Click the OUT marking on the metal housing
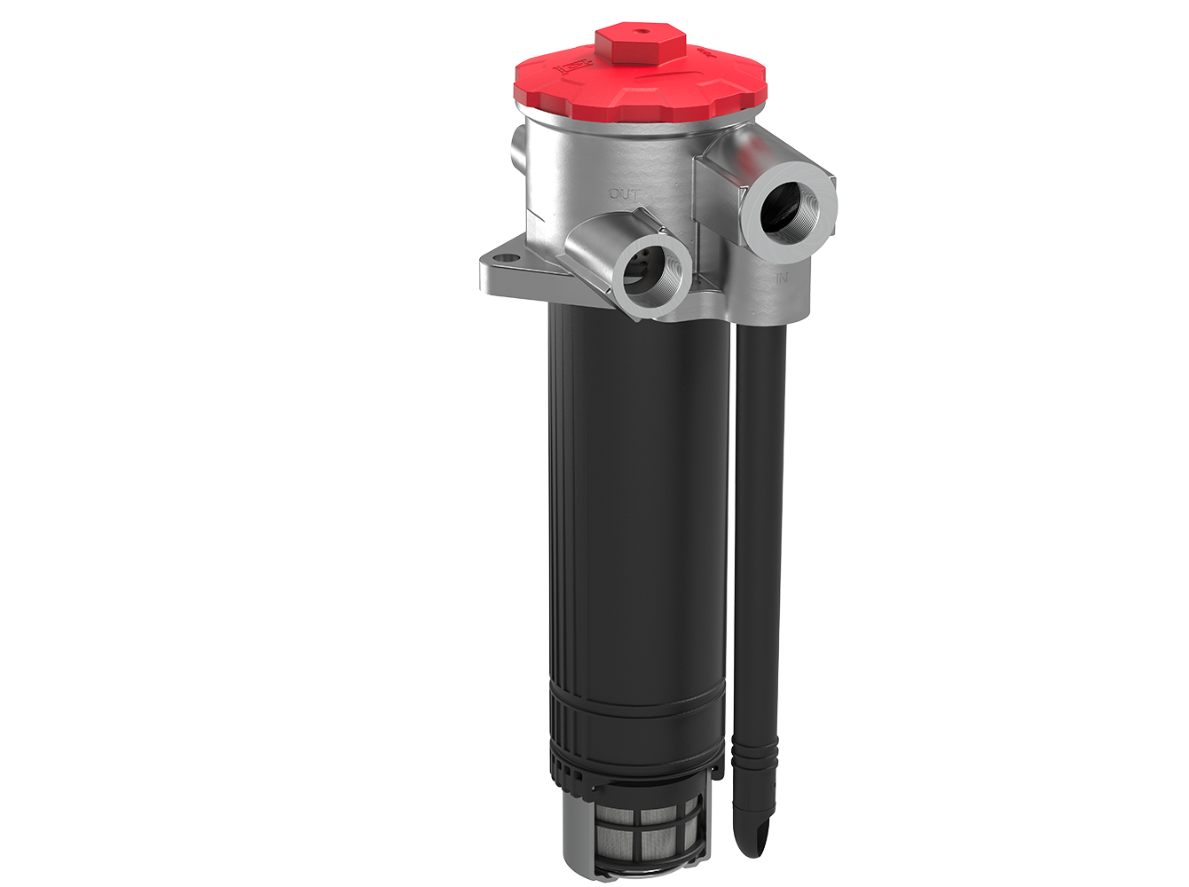[624, 192]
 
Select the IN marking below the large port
[783, 279]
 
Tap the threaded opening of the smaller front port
[651, 276]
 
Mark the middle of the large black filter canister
[637, 514]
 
